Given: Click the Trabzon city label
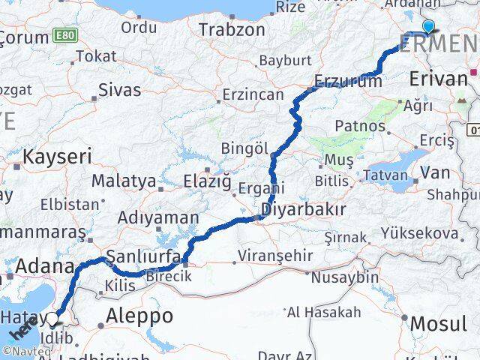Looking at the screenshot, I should pos(232,30).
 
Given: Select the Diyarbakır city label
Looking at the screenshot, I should pos(304,209).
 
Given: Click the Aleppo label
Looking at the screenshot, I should pos(140,315).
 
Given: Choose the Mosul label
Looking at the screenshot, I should pos(439,325).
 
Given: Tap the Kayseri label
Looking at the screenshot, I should pos(57,157).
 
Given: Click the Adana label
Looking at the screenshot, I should pos(44,266).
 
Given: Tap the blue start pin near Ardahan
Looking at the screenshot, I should pos(428,27).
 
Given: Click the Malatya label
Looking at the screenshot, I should pos(124,181).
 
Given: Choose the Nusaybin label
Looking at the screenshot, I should pos(344,277).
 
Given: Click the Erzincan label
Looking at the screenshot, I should pos(252,96).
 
